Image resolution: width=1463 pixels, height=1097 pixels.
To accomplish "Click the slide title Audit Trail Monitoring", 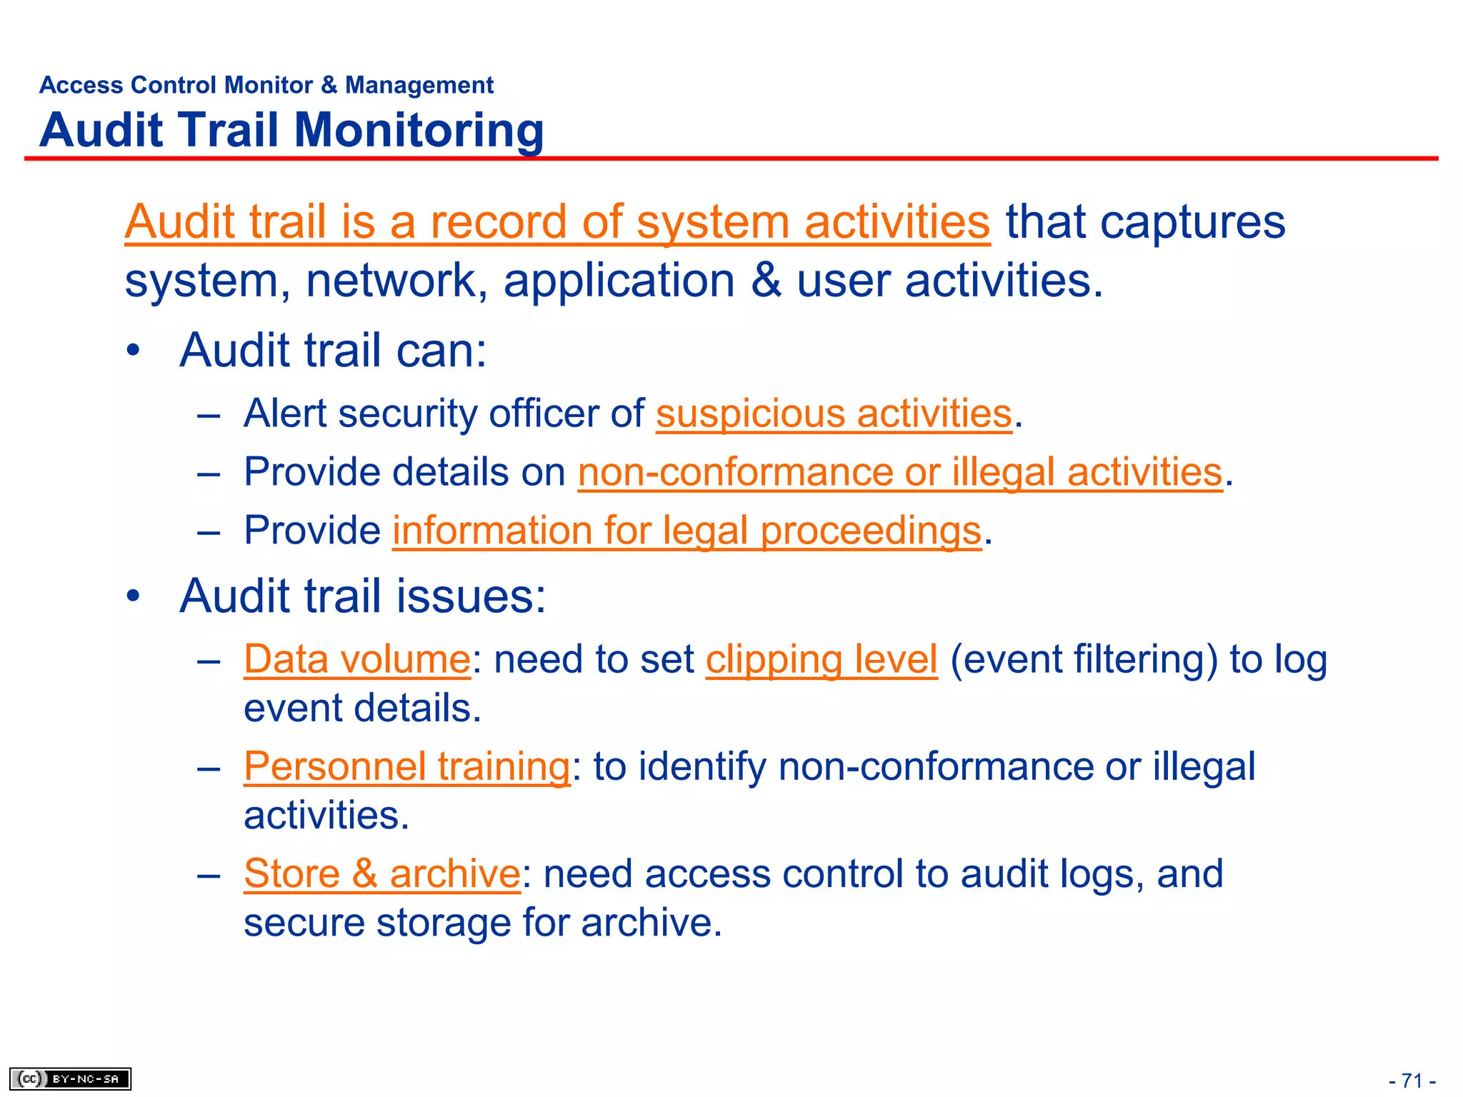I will pos(291,130).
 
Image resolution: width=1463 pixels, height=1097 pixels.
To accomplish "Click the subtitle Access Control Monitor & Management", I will pos(266,85).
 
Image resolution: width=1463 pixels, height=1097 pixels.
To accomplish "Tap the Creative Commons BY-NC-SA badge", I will pos(70,1078).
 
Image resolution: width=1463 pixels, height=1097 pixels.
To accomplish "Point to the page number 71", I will pos(1412,1080).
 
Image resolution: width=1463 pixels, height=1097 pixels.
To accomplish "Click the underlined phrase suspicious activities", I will pos(834,414).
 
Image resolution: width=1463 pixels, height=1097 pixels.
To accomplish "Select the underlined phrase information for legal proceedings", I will pos(686,531).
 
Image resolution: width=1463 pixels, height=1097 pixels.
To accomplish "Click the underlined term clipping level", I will pos(822,659).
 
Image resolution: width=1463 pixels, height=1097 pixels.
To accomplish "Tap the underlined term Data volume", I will pos(357,659).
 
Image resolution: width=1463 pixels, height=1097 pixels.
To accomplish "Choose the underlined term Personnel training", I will pos(407,766).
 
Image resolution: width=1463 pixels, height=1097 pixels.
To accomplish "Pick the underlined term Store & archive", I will pos(382,873).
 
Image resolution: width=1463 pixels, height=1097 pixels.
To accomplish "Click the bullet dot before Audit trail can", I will pos(133,351).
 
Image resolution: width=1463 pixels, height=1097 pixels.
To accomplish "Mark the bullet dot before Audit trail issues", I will pos(133,596).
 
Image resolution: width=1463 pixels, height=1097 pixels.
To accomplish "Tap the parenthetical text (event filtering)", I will pos(1083,659).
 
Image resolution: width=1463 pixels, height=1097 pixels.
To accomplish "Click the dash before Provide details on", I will pos(209,473).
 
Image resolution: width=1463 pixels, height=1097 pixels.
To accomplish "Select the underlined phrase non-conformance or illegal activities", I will pos(900,473).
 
